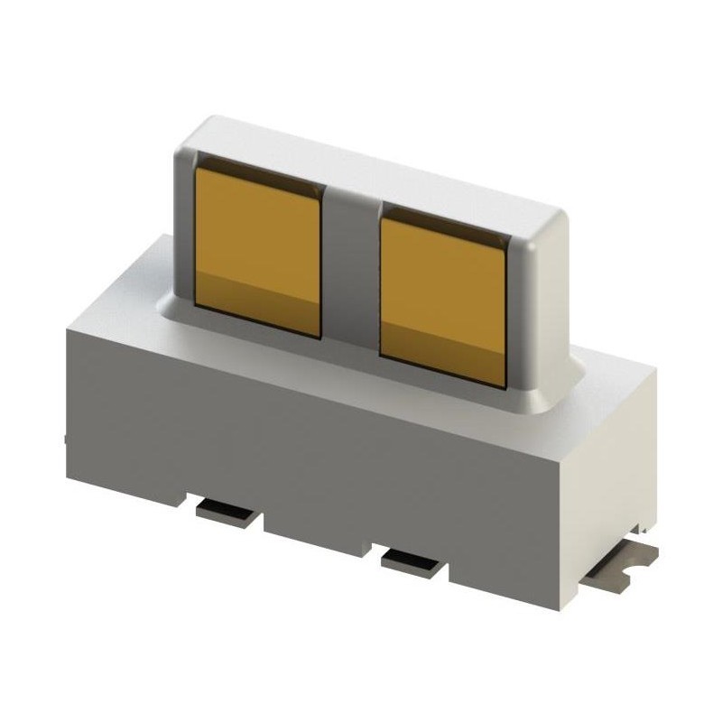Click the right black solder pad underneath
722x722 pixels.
(x=414, y=562)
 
